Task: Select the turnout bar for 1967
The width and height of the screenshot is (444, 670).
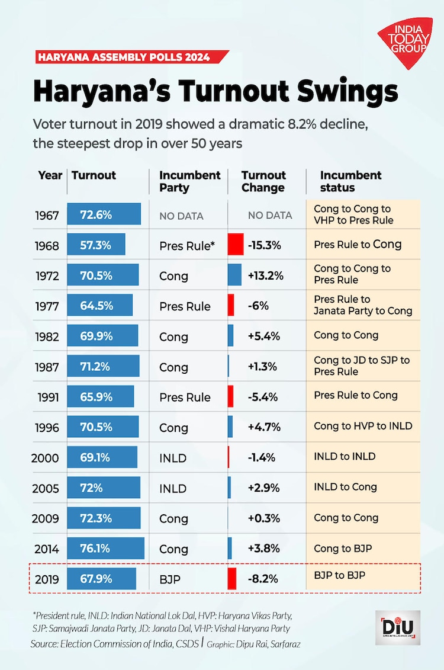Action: [104, 214]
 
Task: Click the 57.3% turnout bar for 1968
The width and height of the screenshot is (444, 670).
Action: [96, 245]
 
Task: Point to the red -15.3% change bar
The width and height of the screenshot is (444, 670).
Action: [236, 245]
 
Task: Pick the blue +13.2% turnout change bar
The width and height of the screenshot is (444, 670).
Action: [234, 275]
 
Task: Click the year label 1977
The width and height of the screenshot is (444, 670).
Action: [47, 306]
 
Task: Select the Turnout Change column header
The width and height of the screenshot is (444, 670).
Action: [263, 181]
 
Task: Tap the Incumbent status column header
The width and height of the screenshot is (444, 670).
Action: [350, 181]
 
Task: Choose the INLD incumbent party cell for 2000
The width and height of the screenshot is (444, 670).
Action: [173, 458]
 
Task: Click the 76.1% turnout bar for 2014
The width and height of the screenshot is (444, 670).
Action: [105, 549]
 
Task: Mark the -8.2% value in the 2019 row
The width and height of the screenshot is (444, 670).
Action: [263, 579]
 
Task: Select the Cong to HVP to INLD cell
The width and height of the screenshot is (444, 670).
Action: [363, 426]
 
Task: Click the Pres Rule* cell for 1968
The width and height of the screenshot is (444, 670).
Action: [186, 245]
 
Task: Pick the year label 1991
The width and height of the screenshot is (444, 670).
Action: [47, 397]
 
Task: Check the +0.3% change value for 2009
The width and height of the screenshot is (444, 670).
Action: [263, 518]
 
